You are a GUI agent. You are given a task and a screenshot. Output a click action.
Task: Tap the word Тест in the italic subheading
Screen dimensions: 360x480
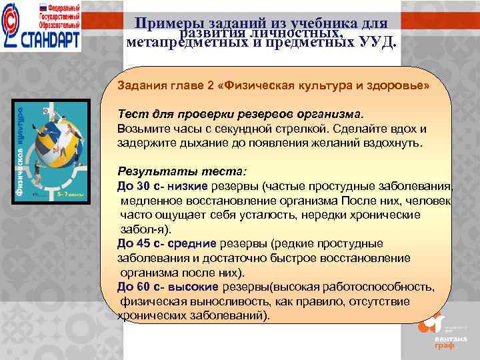click(x=131, y=115)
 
